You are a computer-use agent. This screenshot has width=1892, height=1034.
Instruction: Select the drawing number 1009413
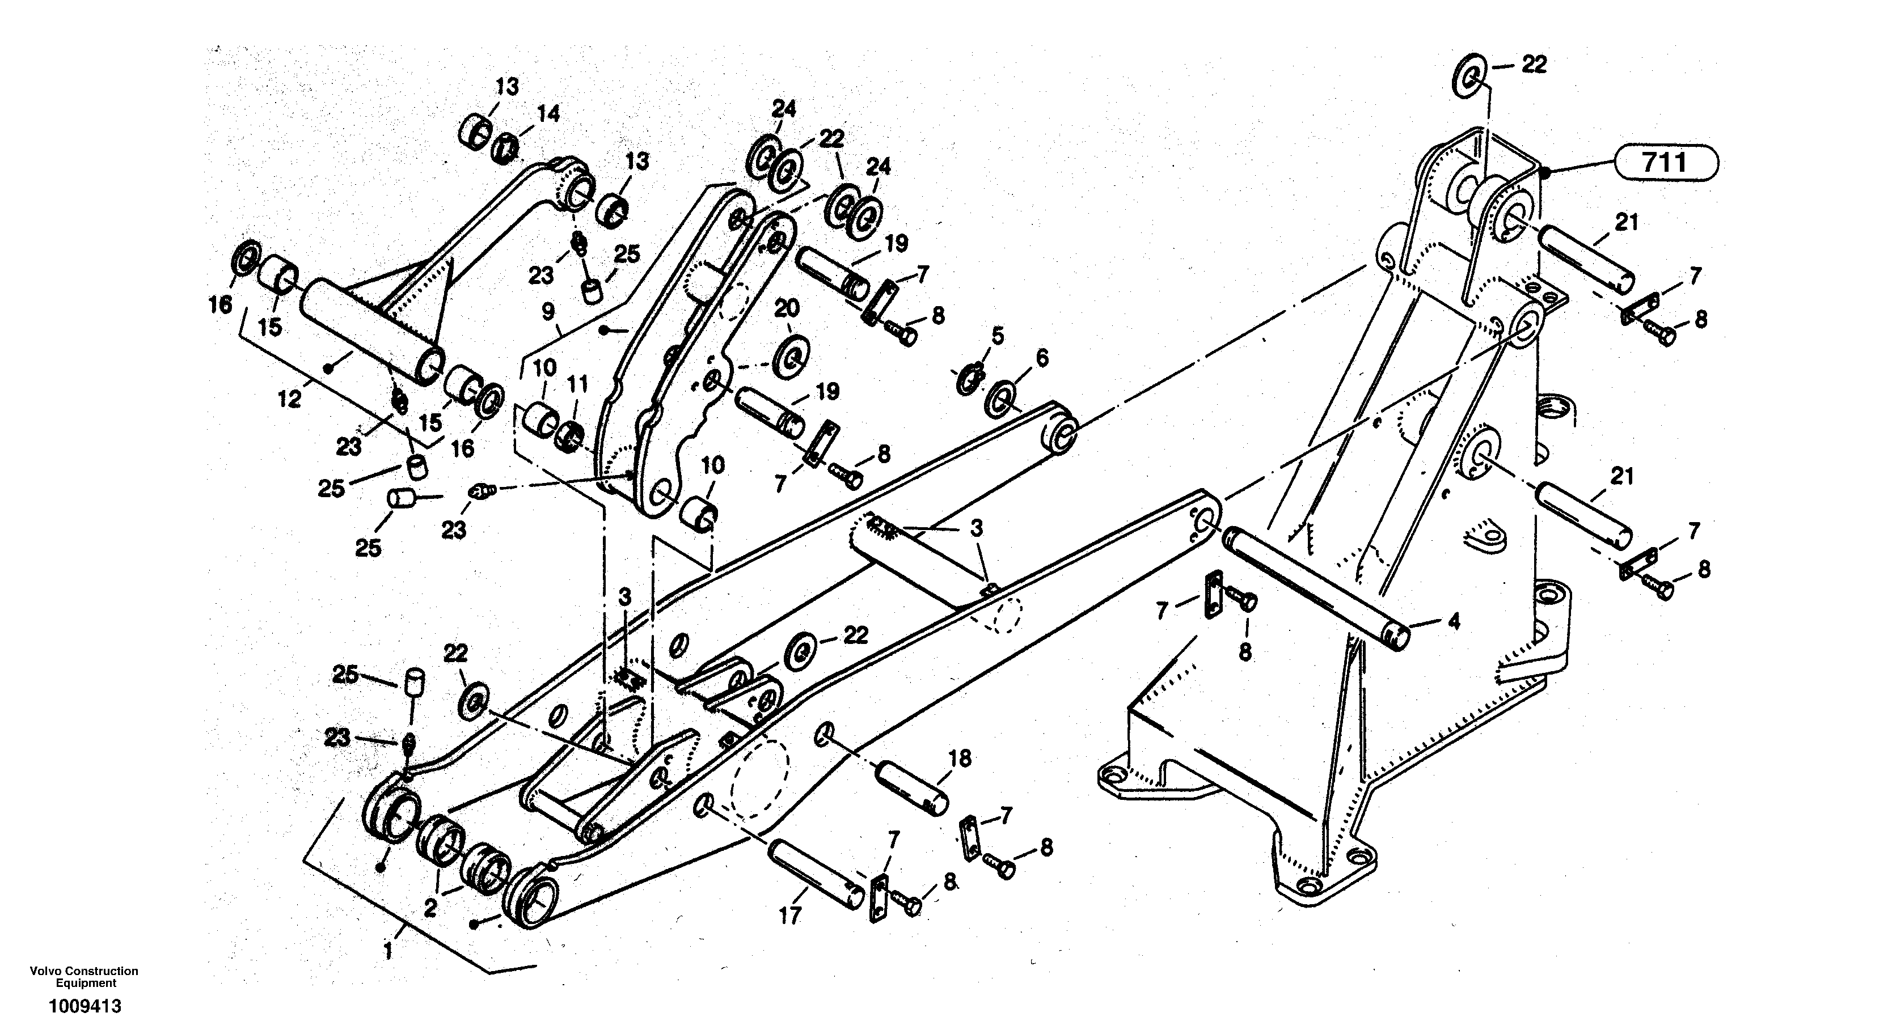click(85, 1006)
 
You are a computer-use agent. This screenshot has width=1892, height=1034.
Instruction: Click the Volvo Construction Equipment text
click(85, 977)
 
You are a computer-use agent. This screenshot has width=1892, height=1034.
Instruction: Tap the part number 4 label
click(1453, 621)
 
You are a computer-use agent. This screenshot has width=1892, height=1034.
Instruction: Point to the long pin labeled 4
click(1315, 587)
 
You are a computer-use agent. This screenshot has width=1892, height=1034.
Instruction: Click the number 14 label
click(548, 113)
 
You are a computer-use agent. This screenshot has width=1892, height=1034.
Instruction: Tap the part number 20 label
click(787, 308)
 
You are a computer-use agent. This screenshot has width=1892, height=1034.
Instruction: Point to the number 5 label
click(996, 336)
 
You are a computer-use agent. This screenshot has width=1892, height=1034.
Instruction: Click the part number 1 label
click(388, 952)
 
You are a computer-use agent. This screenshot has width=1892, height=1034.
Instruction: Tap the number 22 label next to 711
click(1534, 65)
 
